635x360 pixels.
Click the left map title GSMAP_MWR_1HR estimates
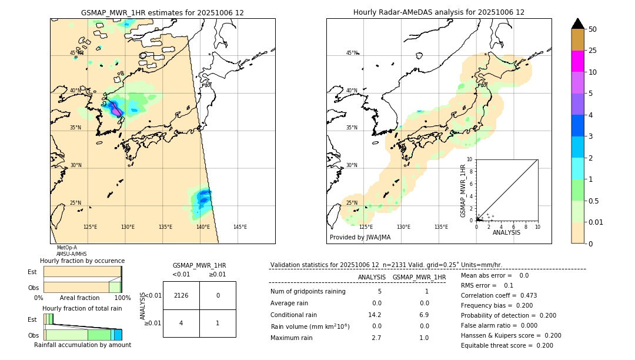162,12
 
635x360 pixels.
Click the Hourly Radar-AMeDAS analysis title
439,12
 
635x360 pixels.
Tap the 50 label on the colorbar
593,29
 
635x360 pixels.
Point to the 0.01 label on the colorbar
596,222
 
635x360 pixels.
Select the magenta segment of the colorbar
577,61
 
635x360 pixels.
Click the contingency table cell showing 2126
181,295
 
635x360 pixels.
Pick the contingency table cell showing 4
181,323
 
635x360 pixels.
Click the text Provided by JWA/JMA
360,238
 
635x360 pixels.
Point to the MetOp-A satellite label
66,248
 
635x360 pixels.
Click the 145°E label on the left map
240,227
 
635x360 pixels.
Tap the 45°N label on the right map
352,53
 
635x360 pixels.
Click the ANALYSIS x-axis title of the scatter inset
506,232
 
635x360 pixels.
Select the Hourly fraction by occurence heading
82,261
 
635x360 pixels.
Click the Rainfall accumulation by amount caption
82,345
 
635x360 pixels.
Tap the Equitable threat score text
507,345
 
